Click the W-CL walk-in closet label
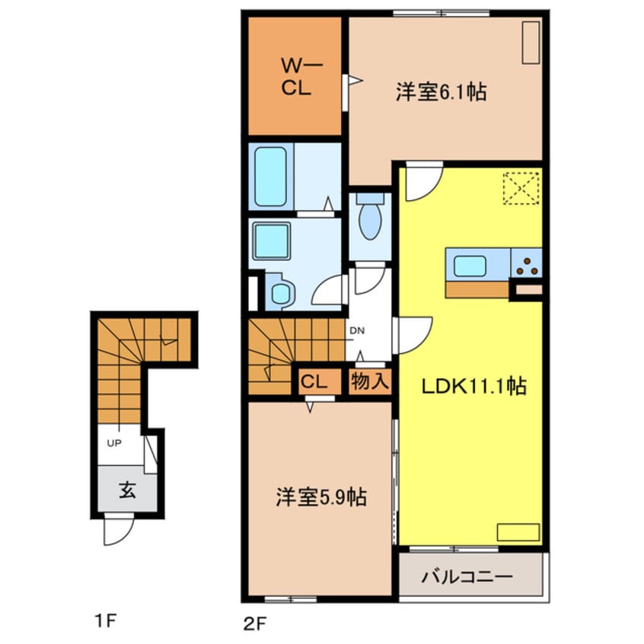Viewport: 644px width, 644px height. point(293,77)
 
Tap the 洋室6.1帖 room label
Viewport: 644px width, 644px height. point(441,92)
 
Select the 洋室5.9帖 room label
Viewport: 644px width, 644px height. point(320,498)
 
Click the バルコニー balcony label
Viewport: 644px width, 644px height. point(467,576)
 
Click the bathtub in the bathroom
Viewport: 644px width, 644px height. point(270,177)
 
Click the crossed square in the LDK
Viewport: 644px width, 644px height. point(522,188)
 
